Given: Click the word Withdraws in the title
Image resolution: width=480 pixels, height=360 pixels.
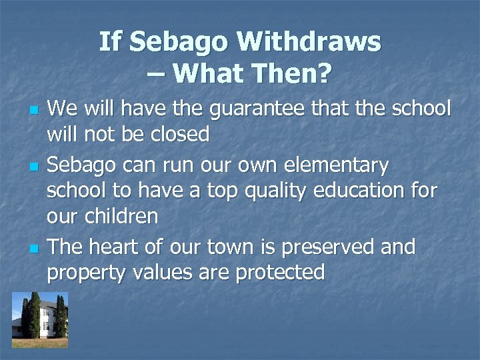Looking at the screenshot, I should tap(309, 43).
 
